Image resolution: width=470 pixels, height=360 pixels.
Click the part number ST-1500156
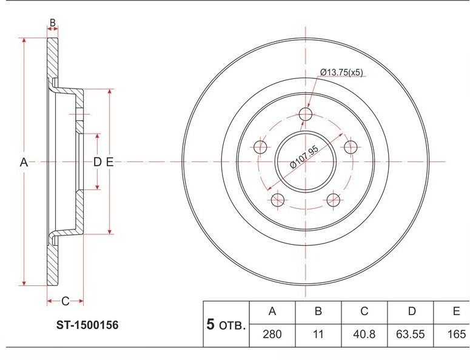[87, 325]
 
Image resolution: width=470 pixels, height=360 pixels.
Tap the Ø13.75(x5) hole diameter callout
[341, 72]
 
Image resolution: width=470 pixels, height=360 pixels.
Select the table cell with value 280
[272, 335]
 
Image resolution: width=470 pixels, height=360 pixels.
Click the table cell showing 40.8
[364, 335]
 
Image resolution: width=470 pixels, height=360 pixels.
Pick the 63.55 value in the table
[411, 335]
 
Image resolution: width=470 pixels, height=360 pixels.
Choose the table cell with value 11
[318, 335]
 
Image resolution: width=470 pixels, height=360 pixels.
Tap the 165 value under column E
[456, 335]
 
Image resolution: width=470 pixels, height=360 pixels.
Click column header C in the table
[364, 311]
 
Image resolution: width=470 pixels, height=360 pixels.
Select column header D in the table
[412, 311]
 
